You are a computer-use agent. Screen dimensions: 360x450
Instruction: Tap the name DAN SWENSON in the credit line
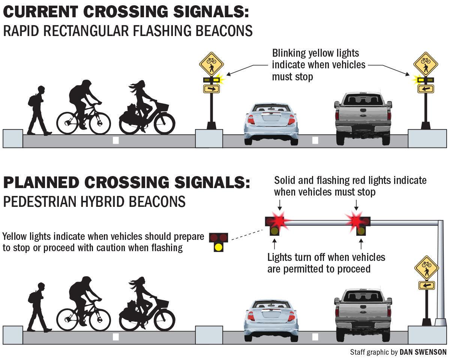(x=423, y=352)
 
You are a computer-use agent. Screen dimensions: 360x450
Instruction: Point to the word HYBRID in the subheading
(x=101, y=202)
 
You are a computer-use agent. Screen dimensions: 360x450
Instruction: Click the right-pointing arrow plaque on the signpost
(x=211, y=89)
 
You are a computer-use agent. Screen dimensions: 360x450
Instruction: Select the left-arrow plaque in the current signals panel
(x=426, y=89)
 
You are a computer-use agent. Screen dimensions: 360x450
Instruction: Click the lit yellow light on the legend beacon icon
(x=218, y=247)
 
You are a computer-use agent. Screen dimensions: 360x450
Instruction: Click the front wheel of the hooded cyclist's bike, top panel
(x=99, y=122)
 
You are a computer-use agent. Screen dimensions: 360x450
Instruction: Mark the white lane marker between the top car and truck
(x=315, y=140)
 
